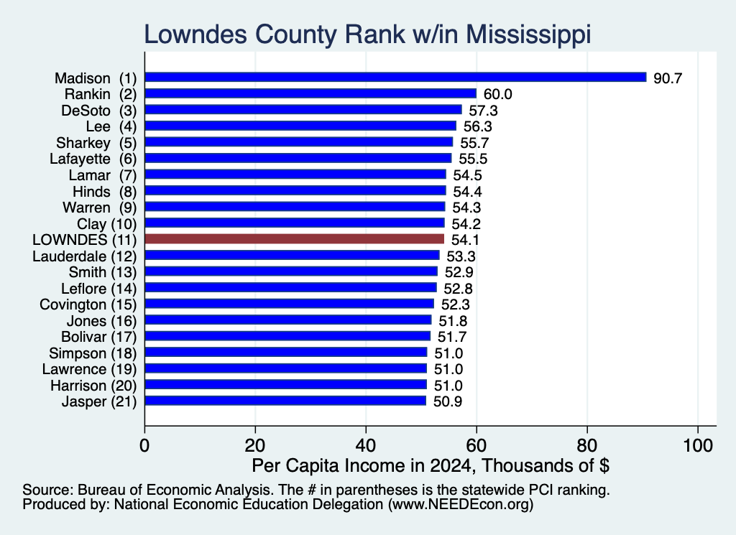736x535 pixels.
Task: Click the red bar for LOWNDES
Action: (294, 239)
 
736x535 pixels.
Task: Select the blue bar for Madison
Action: (396, 78)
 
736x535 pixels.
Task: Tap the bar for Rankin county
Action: (310, 94)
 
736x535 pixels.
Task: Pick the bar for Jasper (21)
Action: (285, 401)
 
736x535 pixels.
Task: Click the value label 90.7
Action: (668, 78)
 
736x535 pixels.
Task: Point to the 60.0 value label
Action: (497, 94)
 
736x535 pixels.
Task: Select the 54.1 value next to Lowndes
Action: (465, 240)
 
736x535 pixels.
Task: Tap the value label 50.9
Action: (447, 402)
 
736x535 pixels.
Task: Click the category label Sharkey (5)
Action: (96, 142)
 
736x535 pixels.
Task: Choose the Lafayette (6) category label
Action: (93, 159)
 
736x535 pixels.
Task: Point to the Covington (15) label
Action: (88, 304)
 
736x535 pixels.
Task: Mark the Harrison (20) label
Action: (93, 386)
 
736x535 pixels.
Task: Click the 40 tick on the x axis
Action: (366, 445)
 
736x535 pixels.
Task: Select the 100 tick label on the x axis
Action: (698, 445)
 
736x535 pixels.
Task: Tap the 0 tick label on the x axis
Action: (144, 445)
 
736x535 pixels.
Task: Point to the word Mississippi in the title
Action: (528, 35)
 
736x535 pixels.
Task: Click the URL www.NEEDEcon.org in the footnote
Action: (461, 505)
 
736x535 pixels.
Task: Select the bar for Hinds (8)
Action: (295, 191)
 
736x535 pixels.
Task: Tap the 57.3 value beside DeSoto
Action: (483, 110)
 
